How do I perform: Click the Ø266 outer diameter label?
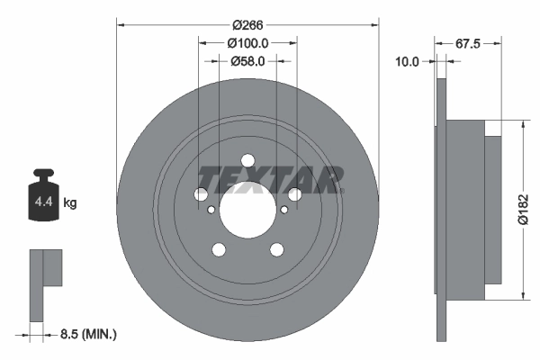(x=248, y=24)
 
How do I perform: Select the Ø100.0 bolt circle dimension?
(x=248, y=43)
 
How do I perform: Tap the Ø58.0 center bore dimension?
(x=248, y=61)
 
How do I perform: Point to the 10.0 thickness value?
(x=408, y=61)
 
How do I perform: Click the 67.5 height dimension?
(x=465, y=42)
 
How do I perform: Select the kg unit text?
(x=69, y=203)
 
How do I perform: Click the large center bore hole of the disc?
(x=247, y=211)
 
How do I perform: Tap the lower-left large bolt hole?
(x=219, y=250)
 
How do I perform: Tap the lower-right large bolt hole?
(x=276, y=250)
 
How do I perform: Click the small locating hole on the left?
(x=211, y=211)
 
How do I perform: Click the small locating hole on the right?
(x=284, y=211)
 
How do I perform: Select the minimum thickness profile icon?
(x=45, y=283)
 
